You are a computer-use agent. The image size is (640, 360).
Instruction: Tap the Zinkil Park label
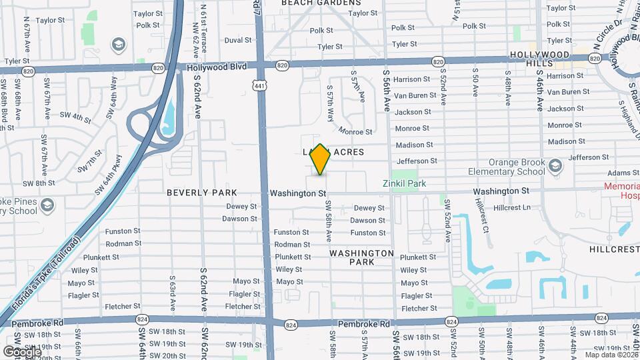tap(404, 183)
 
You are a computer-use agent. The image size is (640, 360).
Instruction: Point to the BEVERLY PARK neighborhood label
tap(201, 193)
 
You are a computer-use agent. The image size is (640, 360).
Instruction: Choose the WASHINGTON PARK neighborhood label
tap(361, 257)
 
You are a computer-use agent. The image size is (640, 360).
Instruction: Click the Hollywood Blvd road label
tap(217, 67)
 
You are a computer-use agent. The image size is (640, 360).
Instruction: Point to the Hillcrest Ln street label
tap(512, 207)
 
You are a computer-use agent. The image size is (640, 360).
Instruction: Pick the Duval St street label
tap(237, 40)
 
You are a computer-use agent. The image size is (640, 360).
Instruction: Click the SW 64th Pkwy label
tap(109, 175)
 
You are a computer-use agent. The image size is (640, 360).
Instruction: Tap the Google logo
tap(22, 351)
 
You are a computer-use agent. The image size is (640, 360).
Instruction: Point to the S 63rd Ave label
tap(172, 291)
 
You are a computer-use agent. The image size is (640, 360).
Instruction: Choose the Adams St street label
tap(619, 173)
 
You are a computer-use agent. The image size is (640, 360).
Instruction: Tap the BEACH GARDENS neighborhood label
tap(321, 3)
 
